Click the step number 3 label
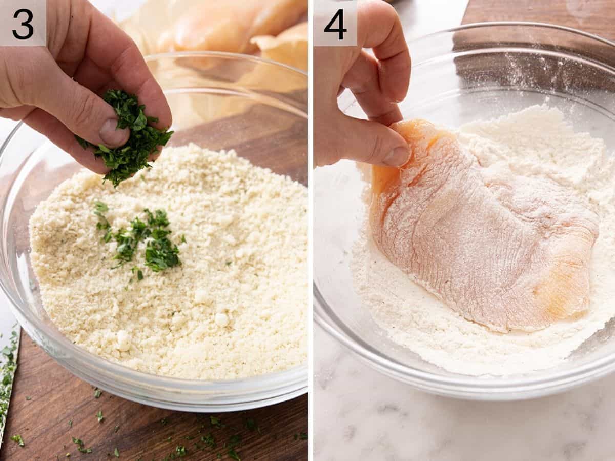[x=23, y=23]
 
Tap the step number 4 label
[x=335, y=23]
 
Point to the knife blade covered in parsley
[x=7, y=374]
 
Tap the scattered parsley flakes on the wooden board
[x=205, y=436]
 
